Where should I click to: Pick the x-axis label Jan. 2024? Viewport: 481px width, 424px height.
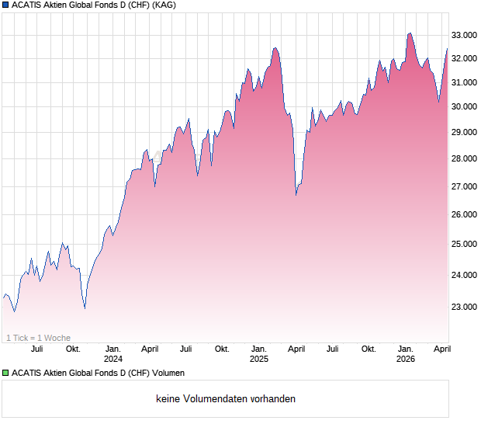[113, 354]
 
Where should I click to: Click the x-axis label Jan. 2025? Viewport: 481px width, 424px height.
[259, 354]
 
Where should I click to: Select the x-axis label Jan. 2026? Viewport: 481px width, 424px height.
[405, 354]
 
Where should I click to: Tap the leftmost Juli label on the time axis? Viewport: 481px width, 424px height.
[36, 349]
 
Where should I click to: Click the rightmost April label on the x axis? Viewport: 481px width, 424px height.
[441, 349]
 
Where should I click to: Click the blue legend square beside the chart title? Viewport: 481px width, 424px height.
[5, 5]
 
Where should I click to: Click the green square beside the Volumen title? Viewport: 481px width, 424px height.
[5, 374]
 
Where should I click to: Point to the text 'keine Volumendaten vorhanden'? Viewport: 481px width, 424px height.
[226, 399]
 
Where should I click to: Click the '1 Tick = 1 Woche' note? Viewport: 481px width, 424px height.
[38, 338]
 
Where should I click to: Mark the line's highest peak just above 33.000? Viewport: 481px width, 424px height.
[410, 33]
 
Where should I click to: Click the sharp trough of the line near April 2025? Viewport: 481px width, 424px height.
[296, 194]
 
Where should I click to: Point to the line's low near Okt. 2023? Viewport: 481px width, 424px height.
[85, 308]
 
